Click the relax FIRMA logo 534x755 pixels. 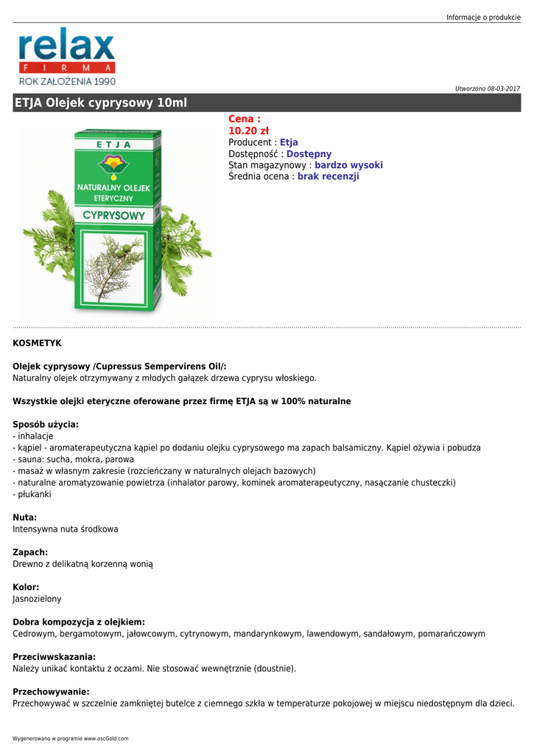pos(67,58)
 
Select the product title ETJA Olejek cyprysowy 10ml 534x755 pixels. pos(100,103)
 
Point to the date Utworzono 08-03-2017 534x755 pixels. pos(487,88)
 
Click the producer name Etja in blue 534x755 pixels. pos(289,142)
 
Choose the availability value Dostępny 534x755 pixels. pos(309,154)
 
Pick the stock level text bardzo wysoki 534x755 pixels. pos(348,165)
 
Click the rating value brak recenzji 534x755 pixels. pos(328,177)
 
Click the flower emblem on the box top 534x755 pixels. pos(113,164)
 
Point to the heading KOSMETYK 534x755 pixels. pos(37,343)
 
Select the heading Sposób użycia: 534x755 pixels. pos(46,424)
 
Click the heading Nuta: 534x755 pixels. pos(25,518)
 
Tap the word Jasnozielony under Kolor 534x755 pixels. pos(37,599)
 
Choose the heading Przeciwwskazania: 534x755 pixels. pos(55,656)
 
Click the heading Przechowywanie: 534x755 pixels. pos(51,692)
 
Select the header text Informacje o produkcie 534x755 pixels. pos(482,17)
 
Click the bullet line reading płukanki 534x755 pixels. pos(34,494)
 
